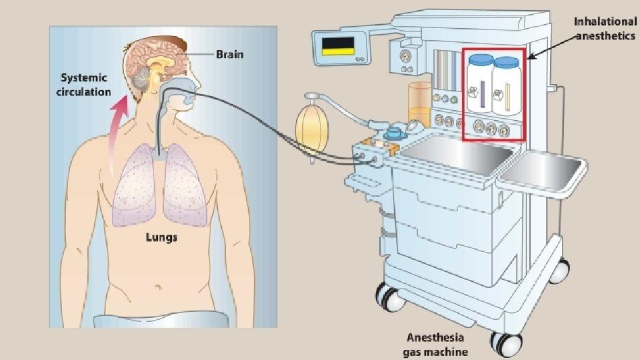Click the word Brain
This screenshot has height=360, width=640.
click(x=229, y=54)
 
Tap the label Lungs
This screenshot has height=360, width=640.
click(x=161, y=237)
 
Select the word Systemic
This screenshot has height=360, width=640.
click(x=85, y=78)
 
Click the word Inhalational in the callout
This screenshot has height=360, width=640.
click(x=605, y=22)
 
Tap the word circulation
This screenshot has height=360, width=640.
click(x=85, y=91)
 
